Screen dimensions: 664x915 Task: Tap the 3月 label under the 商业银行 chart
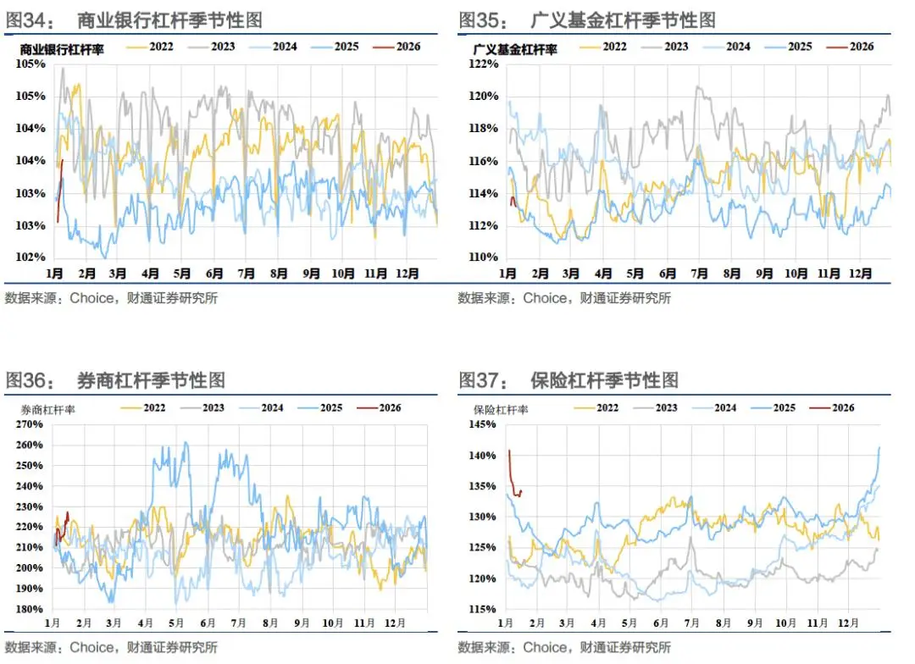[118, 274]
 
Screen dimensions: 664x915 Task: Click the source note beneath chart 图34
[111, 298]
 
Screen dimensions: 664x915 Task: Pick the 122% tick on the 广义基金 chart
[485, 64]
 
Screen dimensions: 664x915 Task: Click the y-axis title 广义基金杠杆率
[515, 50]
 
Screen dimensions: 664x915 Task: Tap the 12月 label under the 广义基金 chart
[860, 274]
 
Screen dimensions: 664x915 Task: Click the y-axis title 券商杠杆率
[49, 409]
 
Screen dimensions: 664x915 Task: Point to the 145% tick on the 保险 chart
[484, 424]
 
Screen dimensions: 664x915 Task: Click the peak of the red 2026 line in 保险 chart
[509, 451]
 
